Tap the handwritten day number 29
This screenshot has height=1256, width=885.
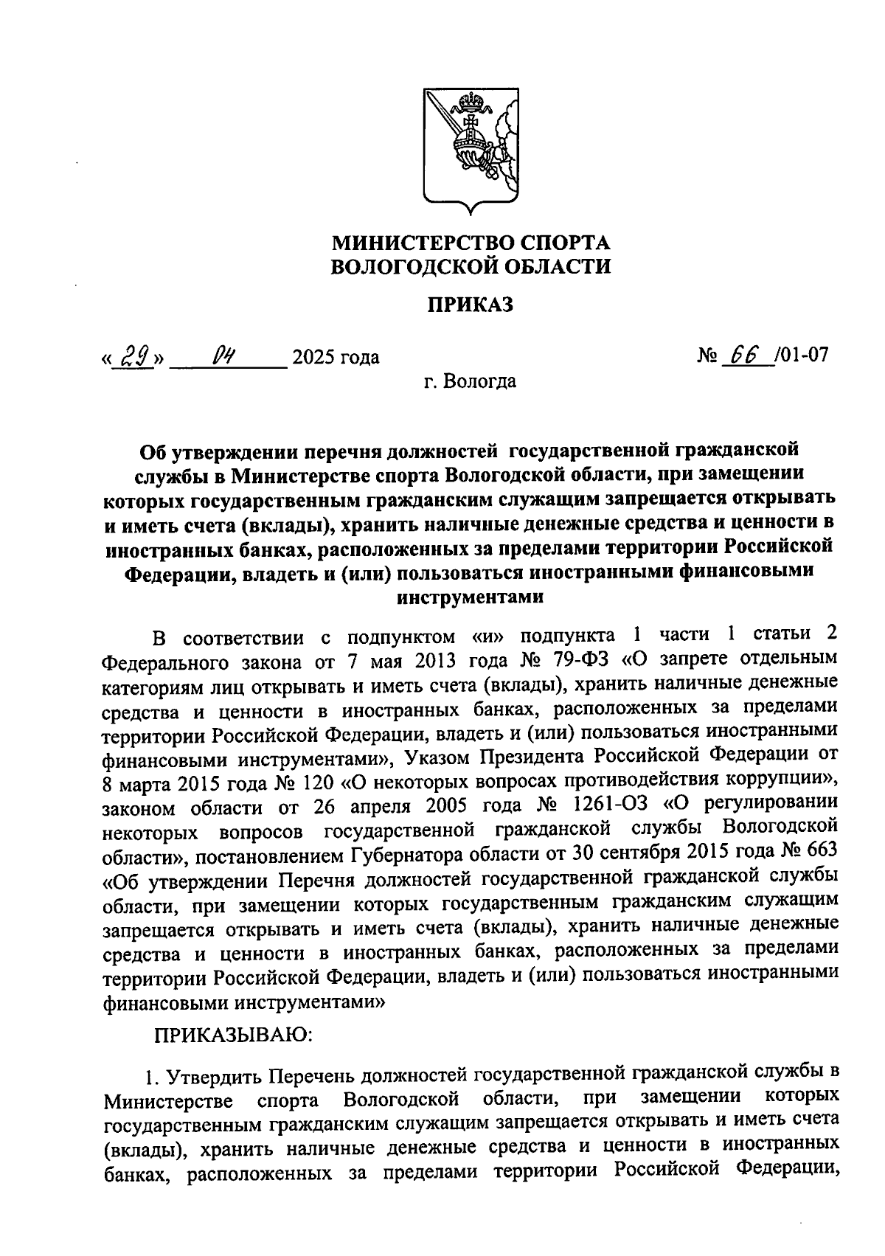[133, 356]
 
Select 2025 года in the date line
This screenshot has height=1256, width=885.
[336, 358]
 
